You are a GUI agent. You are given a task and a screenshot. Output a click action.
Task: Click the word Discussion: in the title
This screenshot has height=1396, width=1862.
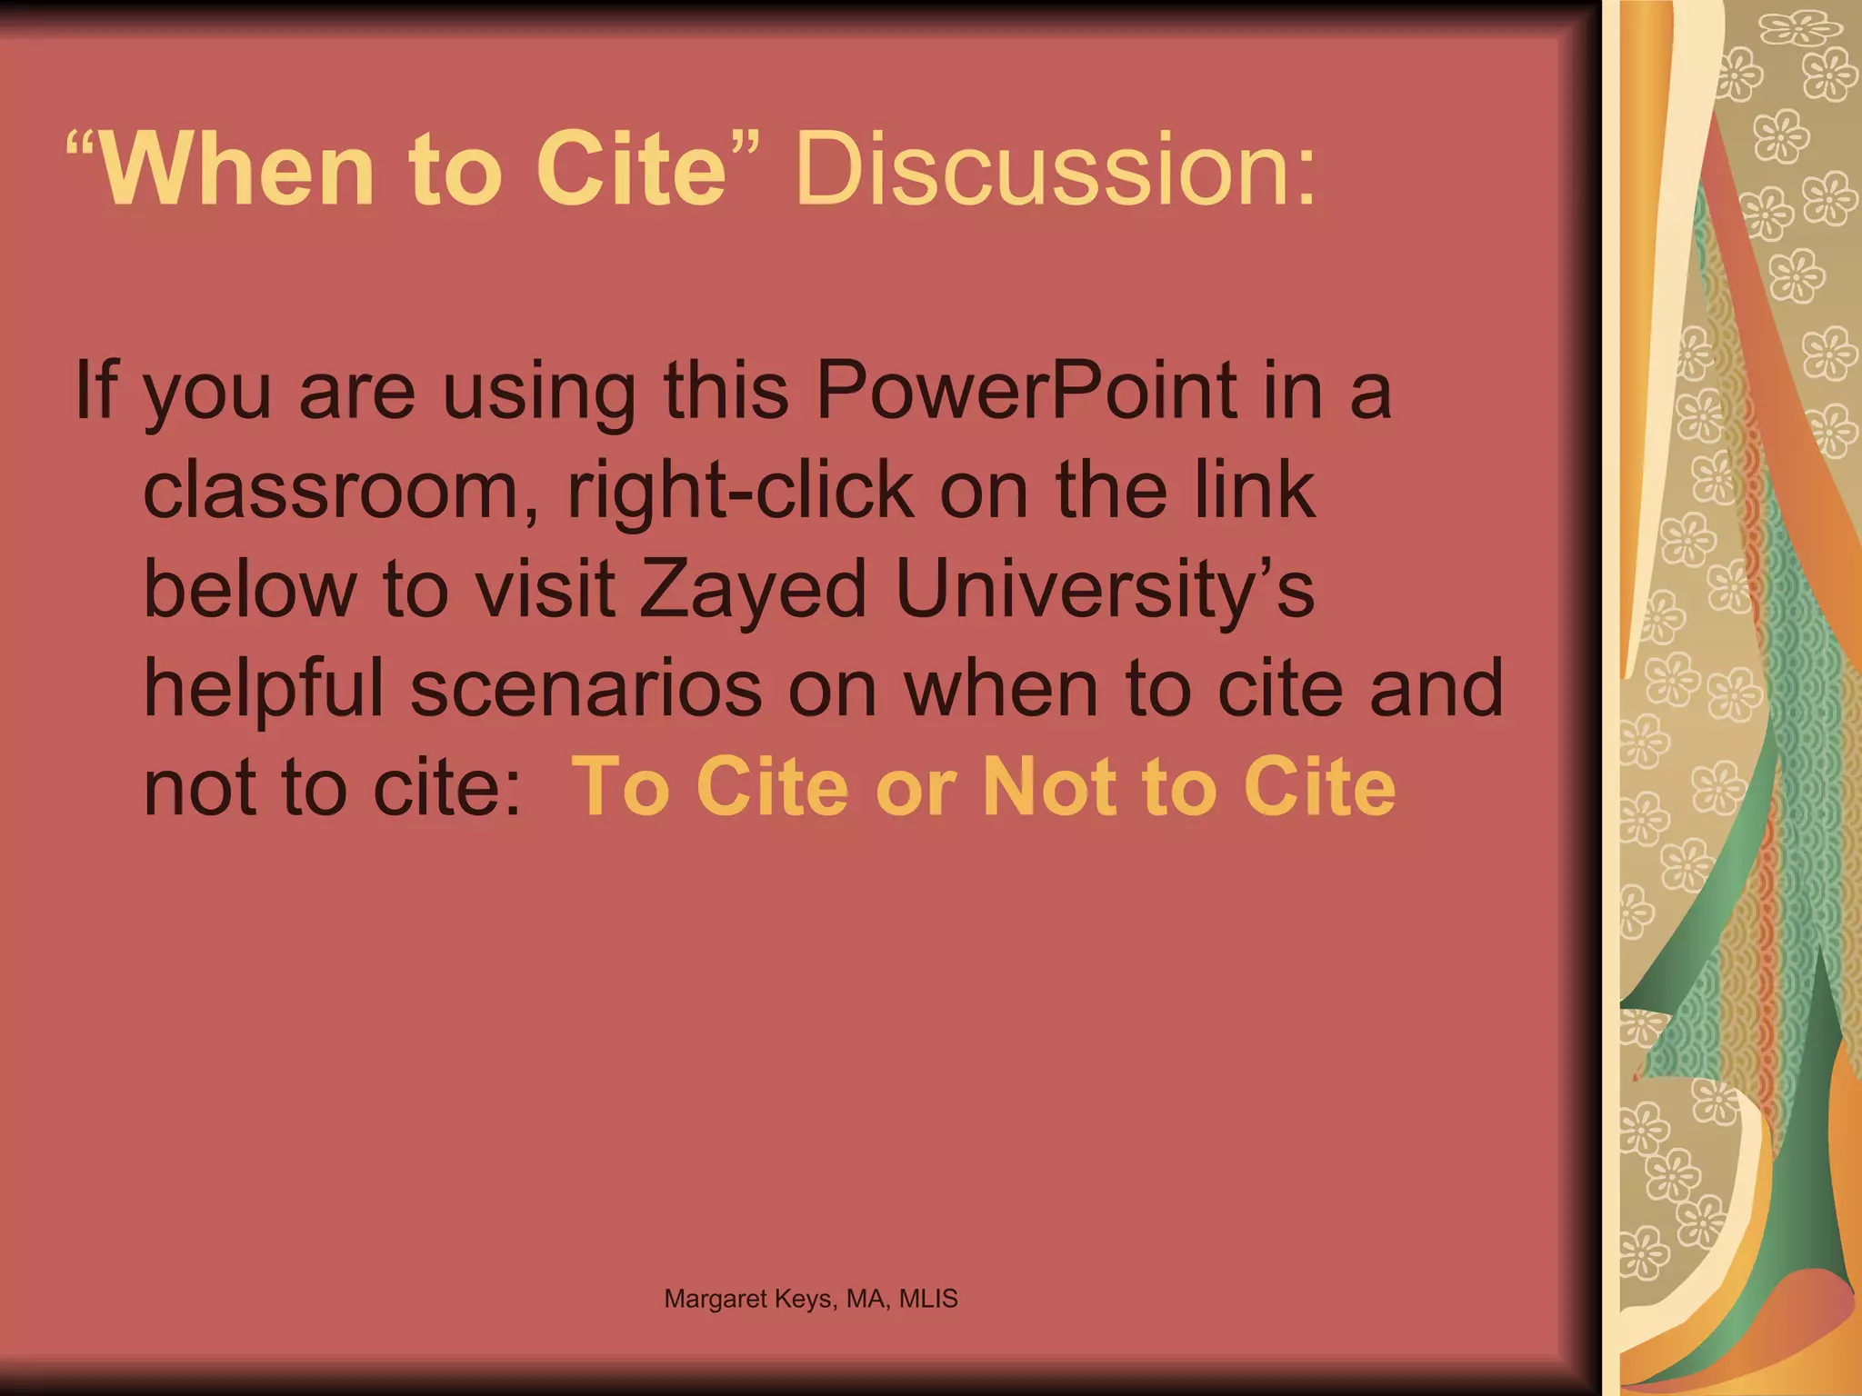coord(1055,170)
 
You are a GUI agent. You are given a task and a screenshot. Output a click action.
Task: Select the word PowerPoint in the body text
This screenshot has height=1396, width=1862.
coord(1026,390)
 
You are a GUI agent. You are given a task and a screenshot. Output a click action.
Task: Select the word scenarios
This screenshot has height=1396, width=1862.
coord(586,688)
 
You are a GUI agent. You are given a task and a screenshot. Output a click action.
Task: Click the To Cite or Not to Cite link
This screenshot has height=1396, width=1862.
coord(983,786)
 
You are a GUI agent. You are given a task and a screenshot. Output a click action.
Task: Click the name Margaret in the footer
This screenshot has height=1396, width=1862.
coord(716,1299)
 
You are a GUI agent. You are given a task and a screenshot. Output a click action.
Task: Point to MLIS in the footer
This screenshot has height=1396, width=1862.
coord(928,1299)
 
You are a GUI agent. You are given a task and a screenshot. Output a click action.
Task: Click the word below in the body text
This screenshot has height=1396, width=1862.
coord(250,589)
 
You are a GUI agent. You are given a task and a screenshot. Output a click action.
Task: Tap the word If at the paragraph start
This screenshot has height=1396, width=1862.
coord(95,390)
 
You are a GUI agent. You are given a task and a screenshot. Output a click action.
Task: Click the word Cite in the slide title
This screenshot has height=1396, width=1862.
coord(631,170)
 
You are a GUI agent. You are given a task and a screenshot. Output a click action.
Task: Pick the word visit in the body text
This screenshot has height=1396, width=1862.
coord(546,589)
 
